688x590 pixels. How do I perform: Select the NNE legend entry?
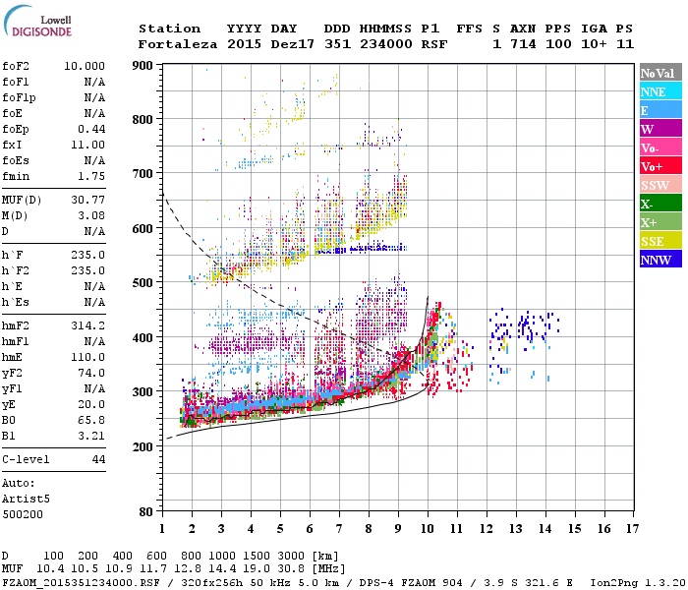click(x=659, y=91)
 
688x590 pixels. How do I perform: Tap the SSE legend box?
click(x=659, y=241)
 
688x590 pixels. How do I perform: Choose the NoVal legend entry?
click(x=659, y=73)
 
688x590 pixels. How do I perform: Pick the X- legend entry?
click(x=659, y=204)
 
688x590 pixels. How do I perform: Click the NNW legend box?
click(x=659, y=260)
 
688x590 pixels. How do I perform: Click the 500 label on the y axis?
click(x=144, y=283)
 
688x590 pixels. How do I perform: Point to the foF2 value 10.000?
click(x=86, y=66)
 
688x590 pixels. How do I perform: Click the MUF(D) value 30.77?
click(x=91, y=201)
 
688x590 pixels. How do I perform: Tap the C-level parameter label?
click(x=27, y=459)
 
